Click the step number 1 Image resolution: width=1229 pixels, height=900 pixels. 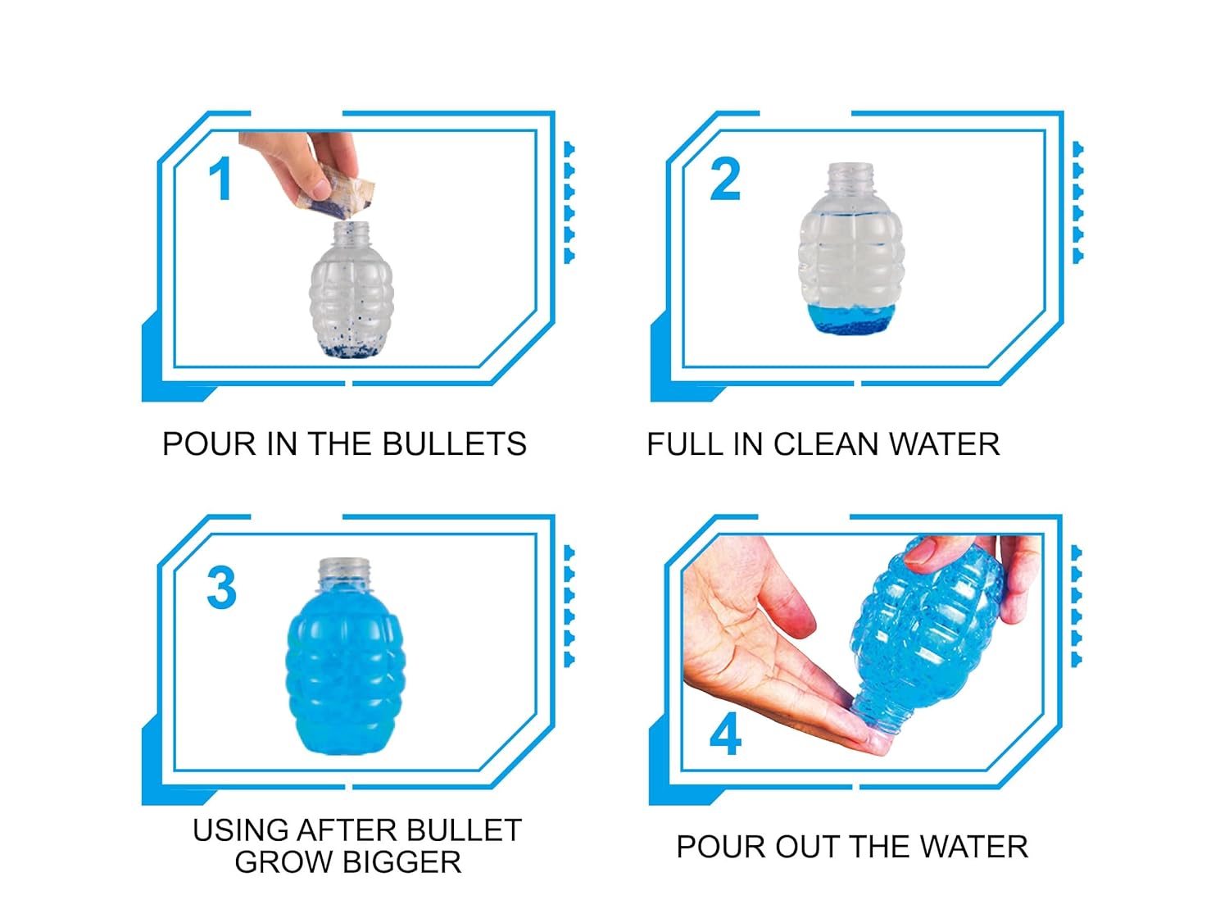(x=220, y=180)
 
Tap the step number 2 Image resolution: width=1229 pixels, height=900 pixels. (x=725, y=180)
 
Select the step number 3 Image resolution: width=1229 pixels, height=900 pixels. (x=221, y=588)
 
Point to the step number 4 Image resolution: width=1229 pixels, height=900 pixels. (x=725, y=734)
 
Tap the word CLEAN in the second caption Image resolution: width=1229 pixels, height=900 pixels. (x=827, y=444)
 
